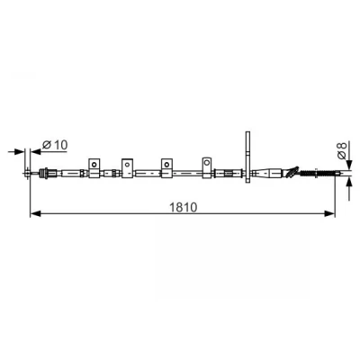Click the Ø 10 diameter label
55,145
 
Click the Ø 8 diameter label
342,150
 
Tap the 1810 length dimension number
184,207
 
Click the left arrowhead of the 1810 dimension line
35,213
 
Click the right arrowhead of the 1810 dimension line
329,213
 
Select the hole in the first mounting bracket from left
94,164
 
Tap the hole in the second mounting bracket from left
127,164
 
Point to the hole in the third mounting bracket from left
166,164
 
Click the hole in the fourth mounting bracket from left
207,163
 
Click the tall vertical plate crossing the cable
247,157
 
